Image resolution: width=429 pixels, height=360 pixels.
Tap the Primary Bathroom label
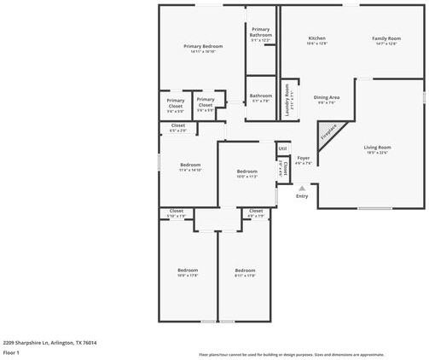(261, 34)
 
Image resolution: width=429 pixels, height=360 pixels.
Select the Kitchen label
(316, 38)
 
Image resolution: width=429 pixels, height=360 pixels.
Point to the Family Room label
(386, 38)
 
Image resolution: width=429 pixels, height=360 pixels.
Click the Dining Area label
(327, 97)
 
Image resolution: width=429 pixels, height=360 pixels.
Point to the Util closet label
(282, 148)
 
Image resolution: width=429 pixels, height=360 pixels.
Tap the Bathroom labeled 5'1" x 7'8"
(261, 96)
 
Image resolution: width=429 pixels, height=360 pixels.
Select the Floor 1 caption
(12, 351)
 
